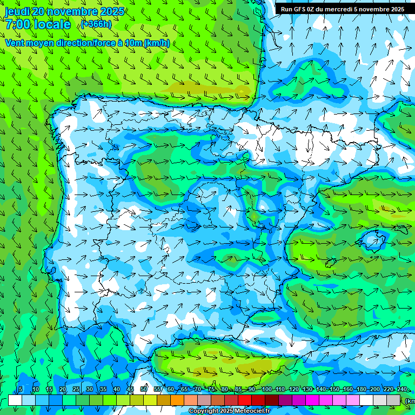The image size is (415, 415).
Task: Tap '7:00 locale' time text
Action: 38,24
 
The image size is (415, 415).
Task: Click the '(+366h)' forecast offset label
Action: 96,24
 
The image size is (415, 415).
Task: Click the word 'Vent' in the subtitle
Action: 16,43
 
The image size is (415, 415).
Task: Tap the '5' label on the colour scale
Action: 21,390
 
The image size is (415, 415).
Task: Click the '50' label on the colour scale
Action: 144,390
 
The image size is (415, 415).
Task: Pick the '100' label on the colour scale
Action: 266,390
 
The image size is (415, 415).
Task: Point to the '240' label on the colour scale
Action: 401,390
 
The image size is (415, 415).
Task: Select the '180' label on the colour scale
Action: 361,390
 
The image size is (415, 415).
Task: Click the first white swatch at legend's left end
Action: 15,400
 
